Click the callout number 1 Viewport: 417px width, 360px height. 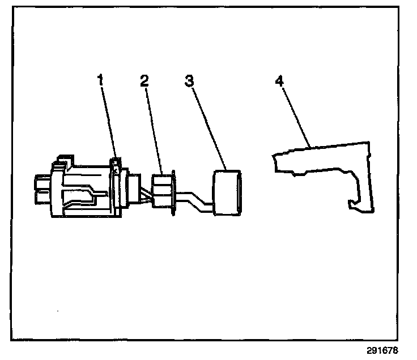pos(101,80)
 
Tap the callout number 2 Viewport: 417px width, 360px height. pos(145,80)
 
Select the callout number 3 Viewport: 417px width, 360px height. pos(189,80)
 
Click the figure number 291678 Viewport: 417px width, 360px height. pos(391,351)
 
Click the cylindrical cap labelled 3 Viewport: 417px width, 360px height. pos(228,192)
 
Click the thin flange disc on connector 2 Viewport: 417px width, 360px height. pos(174,191)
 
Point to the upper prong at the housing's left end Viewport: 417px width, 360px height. pos(41,183)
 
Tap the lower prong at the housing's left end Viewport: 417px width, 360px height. pos(41,198)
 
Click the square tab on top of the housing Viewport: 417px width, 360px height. pos(63,158)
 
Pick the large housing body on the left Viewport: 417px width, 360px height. pos(85,190)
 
